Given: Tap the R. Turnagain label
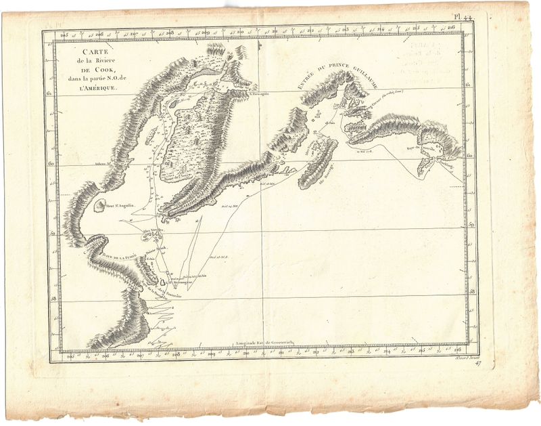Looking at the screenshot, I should (x=258, y=95).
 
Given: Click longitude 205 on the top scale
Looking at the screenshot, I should (x=65, y=34).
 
